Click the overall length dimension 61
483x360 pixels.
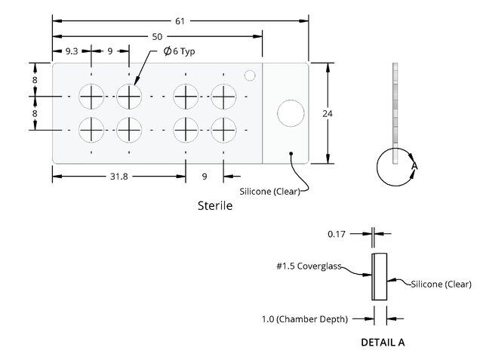click(x=180, y=21)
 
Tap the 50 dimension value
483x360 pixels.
click(x=157, y=37)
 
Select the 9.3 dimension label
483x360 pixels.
click(x=72, y=51)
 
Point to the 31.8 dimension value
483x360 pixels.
click(x=119, y=177)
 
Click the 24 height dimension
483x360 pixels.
click(x=328, y=114)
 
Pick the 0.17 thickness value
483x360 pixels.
click(x=337, y=235)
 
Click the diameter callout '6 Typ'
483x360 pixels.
click(x=180, y=51)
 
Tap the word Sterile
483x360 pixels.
click(x=215, y=205)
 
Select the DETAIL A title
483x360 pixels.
click(x=383, y=342)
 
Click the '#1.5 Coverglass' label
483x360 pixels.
click(x=309, y=266)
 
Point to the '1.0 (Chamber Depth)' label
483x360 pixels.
click(x=305, y=319)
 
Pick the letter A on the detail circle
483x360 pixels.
click(x=414, y=166)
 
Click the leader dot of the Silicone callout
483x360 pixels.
click(x=291, y=153)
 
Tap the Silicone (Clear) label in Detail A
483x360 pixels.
click(x=441, y=285)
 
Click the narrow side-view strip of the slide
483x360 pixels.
click(x=395, y=113)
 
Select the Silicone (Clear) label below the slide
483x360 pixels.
click(x=270, y=192)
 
